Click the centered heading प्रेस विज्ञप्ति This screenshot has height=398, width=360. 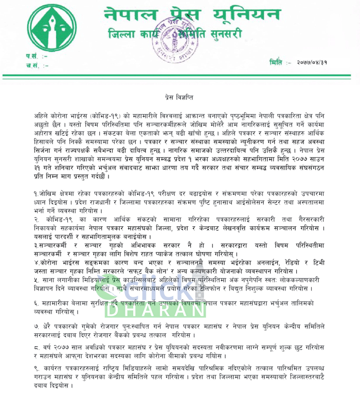click(x=179, y=97)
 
